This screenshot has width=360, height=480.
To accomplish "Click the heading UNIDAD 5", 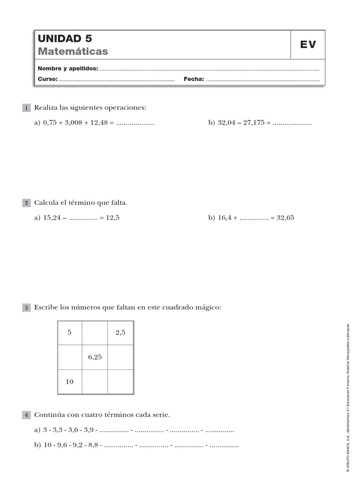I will coord(65,38).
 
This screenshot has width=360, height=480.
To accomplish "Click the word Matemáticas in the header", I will coord(73,51).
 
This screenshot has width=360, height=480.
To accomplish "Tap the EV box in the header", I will coord(308,45).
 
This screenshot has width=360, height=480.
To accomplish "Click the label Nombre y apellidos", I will coord(67,68).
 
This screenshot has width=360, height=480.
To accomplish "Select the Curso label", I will coord(47,79).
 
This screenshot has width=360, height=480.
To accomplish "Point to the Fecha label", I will coord(194,79).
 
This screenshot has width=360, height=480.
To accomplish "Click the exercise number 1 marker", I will coord(26,108).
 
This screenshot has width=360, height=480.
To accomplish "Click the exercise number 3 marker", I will coord(26,308).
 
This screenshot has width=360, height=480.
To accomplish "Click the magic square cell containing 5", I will coord(69,333).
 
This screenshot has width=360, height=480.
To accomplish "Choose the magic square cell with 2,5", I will coord(120,333).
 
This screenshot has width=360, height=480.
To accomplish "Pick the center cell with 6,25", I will coord(95,357).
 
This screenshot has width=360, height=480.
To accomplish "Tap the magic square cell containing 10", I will coord(69,382).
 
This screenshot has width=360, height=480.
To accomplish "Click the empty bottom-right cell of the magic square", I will coord(120,382).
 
